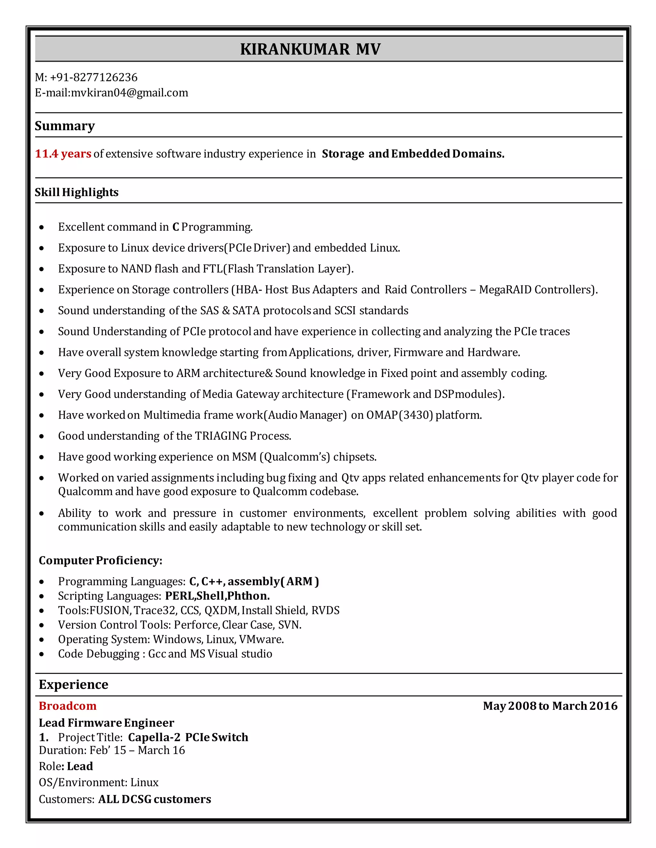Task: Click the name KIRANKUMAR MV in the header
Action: [310, 49]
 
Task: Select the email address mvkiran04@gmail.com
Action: [129, 93]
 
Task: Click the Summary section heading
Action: [64, 126]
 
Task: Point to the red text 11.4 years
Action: [63, 154]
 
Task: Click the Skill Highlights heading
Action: [77, 192]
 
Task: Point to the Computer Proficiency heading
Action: [100, 560]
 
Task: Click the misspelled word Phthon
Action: [248, 596]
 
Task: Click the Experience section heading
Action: [73, 684]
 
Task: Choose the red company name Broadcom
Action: [68, 706]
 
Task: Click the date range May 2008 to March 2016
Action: [550, 706]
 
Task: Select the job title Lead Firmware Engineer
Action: [106, 723]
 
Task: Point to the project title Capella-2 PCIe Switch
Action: [188, 737]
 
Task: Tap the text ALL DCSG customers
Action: [154, 799]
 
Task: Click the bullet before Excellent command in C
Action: [42, 228]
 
